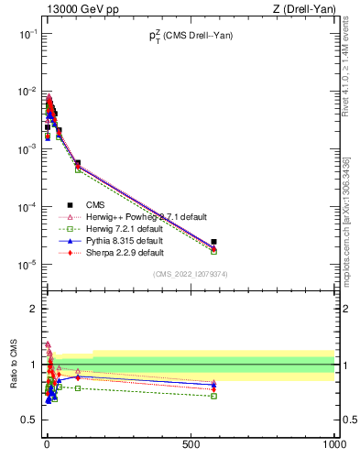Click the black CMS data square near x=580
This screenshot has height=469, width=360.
tap(213, 242)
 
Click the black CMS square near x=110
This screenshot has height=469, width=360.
tap(78, 163)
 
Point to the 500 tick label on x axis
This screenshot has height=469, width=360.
tap(190, 445)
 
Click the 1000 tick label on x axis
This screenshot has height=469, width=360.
tap(333, 445)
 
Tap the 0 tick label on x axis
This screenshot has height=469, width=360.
tap(47, 445)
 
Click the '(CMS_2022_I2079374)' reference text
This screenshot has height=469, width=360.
tap(190, 273)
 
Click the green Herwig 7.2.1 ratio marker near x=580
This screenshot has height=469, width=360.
tap(213, 396)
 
